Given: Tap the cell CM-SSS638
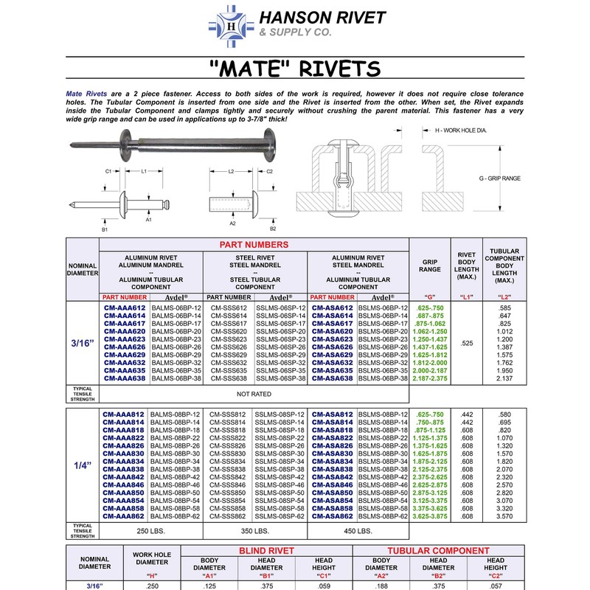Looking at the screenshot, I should click(x=228, y=378).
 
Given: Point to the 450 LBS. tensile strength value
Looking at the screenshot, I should click(x=358, y=532).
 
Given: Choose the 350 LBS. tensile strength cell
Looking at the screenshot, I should click(x=254, y=532).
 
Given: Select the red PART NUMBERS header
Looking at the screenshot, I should click(x=254, y=245).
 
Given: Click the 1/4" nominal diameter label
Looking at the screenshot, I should click(x=83, y=466).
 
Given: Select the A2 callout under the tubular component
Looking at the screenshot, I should click(x=232, y=221).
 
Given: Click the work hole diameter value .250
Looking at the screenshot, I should click(x=153, y=586).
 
